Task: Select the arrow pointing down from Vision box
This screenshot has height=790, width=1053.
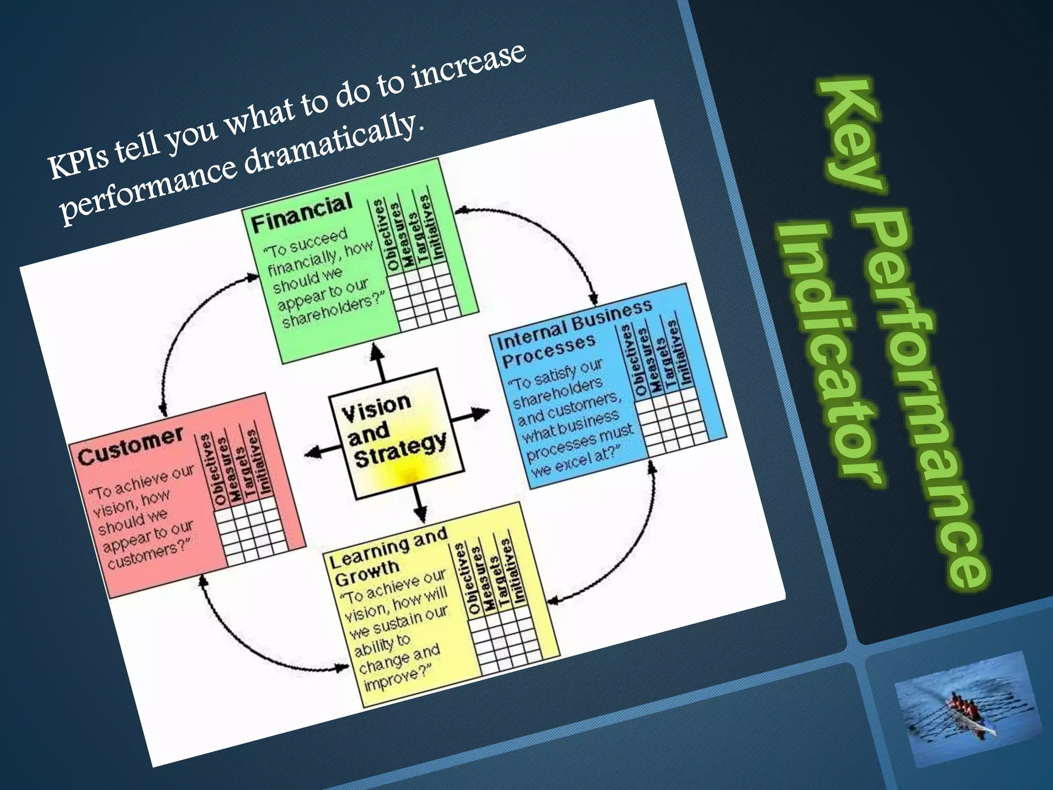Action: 419,504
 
